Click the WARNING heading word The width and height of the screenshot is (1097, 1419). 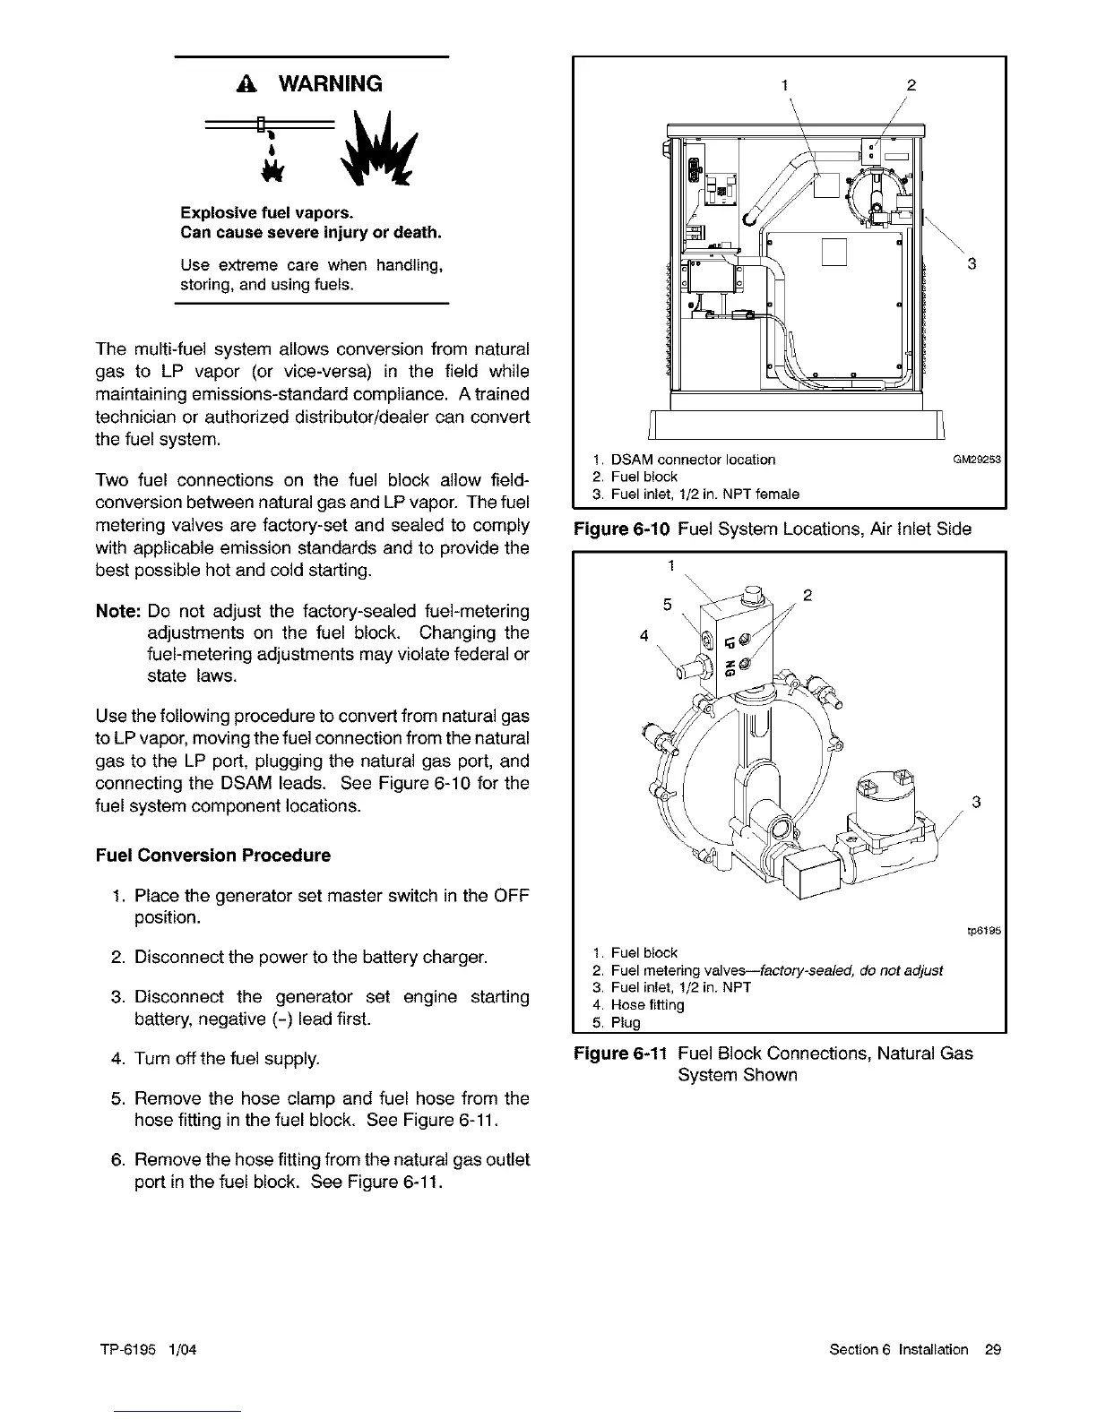tap(331, 84)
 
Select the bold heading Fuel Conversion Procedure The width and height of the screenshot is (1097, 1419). tap(212, 856)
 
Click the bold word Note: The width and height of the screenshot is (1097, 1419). tap(118, 612)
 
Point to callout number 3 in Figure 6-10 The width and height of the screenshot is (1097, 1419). tap(971, 263)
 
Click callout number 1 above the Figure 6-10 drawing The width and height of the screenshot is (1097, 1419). tap(784, 85)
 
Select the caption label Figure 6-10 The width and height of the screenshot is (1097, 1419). tap(622, 529)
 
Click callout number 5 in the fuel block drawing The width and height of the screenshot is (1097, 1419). tap(668, 605)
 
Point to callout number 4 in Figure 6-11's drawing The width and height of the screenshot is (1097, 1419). tap(644, 636)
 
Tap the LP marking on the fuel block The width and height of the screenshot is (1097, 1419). tap(730, 641)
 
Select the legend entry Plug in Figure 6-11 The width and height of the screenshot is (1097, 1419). tap(627, 1023)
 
